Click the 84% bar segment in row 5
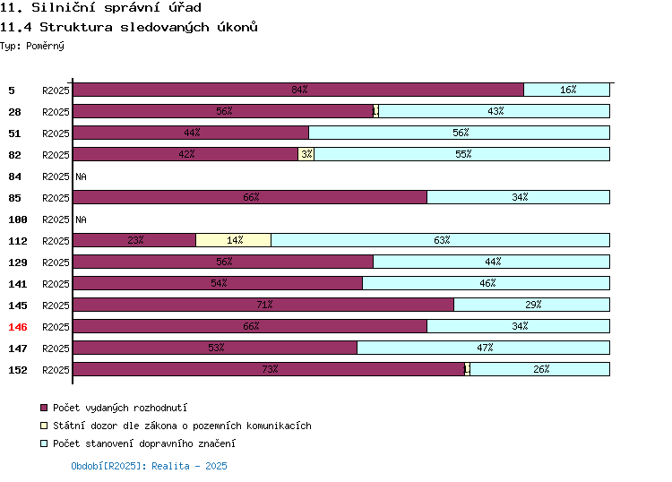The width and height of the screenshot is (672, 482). [298, 90]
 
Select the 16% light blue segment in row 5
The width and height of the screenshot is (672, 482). [566, 90]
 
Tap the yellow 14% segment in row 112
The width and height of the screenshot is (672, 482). [234, 240]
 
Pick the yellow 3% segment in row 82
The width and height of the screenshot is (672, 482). [306, 154]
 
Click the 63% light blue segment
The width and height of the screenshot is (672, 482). [441, 240]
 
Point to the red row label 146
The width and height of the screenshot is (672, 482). [18, 327]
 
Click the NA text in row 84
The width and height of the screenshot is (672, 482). [81, 176]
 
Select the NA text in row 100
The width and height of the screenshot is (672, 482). [81, 219]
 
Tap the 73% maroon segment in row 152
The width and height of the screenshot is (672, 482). [269, 369]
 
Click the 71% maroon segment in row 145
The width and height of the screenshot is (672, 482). [263, 305]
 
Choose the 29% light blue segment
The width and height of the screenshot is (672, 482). [532, 305]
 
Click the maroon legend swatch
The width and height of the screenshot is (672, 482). [44, 408]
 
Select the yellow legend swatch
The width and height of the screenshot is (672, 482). [44, 426]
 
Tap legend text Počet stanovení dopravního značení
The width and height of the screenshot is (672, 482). [144, 443]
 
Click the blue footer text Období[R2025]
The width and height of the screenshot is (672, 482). [107, 466]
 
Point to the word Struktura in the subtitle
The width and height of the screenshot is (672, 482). [76, 28]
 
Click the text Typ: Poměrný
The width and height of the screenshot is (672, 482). [32, 46]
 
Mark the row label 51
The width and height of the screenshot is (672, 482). [14, 133]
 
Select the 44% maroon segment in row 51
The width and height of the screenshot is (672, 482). [191, 133]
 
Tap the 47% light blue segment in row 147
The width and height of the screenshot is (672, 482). [484, 348]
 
